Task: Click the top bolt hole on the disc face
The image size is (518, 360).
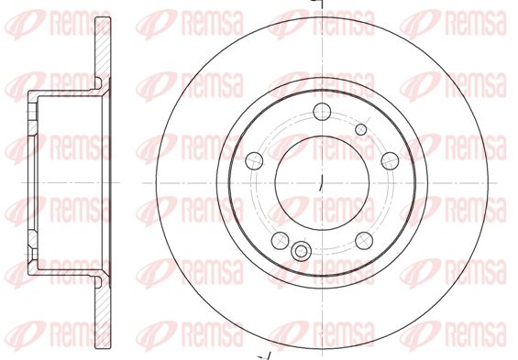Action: (x=322, y=112)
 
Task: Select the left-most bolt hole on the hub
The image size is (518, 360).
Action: (x=254, y=161)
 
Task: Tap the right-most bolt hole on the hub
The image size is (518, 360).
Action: (x=391, y=161)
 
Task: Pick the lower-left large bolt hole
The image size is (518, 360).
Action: (x=281, y=241)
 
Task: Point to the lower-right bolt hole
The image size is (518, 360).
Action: (x=364, y=241)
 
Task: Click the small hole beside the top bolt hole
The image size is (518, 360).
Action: (x=361, y=130)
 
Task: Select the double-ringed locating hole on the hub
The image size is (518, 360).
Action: (x=301, y=251)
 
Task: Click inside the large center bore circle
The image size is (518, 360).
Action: (x=322, y=183)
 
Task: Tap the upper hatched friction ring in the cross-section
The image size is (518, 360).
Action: (x=103, y=49)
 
